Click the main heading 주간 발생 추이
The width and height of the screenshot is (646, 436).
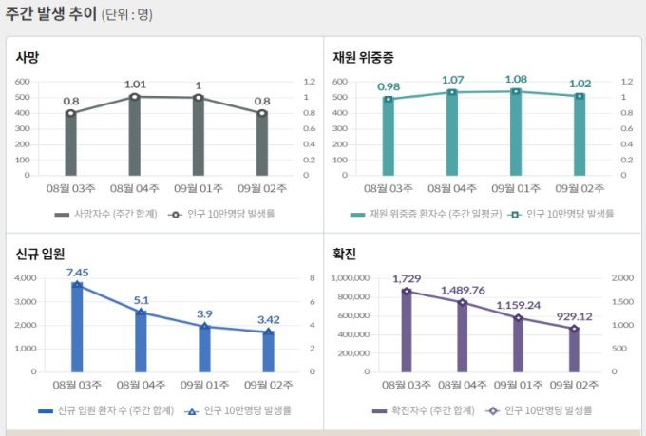[x=49, y=14]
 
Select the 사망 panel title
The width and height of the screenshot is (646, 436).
[x=27, y=57]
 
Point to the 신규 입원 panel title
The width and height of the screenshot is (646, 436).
[x=41, y=254]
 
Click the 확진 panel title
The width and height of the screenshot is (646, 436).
[x=345, y=254]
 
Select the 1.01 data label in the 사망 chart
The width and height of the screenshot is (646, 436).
[x=135, y=85]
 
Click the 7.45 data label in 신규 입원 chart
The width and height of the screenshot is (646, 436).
[x=78, y=272]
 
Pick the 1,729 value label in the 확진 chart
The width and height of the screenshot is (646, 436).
[x=407, y=278]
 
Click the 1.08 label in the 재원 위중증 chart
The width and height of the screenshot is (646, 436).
[x=516, y=79]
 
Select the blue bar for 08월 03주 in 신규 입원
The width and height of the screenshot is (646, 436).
[x=78, y=327]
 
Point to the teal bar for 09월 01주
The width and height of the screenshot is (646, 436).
[x=516, y=133]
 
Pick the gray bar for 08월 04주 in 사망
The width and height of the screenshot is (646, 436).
[x=135, y=136]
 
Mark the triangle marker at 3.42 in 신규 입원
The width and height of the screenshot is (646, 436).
[x=268, y=332]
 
